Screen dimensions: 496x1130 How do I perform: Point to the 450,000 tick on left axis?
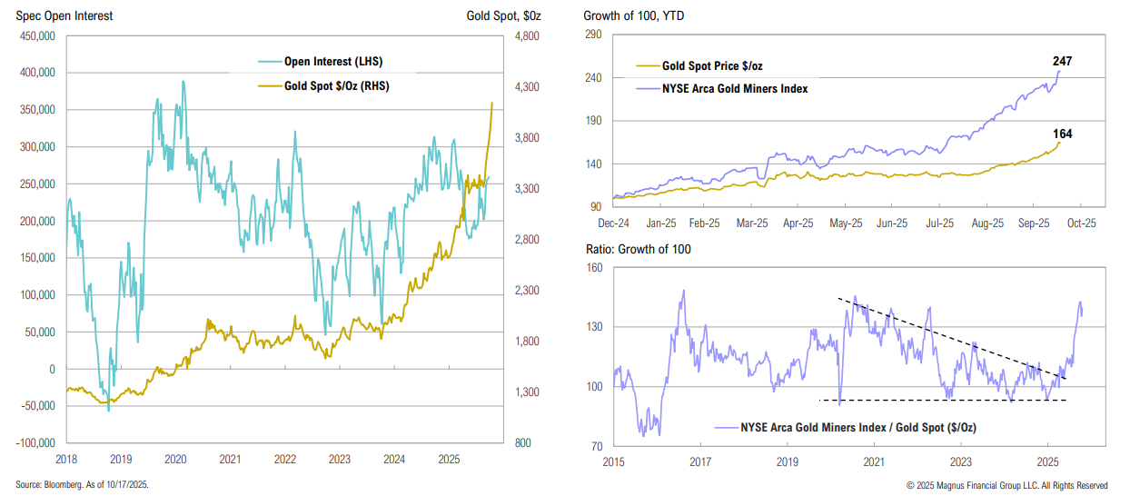click(36, 35)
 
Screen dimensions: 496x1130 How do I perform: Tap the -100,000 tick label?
click(35, 443)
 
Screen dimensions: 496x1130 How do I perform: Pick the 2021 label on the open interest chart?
click(230, 459)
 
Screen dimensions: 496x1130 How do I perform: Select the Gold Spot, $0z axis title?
click(510, 15)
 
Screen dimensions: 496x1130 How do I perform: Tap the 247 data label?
click(1063, 61)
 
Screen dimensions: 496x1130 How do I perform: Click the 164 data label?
click(1063, 134)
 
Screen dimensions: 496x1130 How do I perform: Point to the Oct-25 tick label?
click(1080, 222)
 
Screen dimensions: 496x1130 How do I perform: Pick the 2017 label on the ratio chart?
click(699, 461)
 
